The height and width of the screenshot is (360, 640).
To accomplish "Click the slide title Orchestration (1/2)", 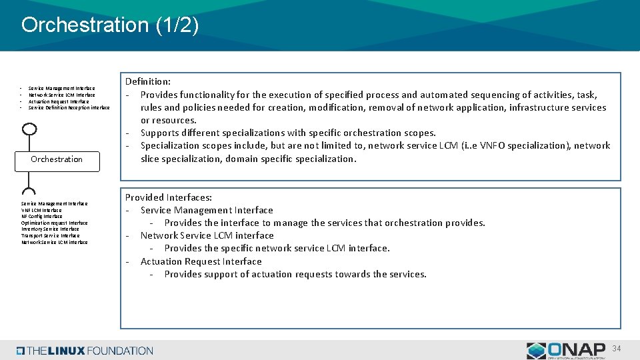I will (110, 25).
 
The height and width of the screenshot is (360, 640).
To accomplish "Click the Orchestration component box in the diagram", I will (57, 159).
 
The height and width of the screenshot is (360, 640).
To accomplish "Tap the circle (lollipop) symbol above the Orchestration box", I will (29, 129).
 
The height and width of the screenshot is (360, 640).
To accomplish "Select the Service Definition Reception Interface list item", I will (69, 107).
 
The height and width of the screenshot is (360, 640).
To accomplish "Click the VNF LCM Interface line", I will (41, 210).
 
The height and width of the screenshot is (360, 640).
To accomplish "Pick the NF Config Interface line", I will (41, 217).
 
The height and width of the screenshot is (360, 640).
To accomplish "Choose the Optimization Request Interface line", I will (54, 223).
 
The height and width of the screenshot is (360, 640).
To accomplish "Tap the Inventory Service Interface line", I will (50, 229).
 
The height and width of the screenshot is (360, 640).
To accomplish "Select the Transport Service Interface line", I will (50, 236).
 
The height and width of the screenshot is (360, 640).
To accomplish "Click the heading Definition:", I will (148, 81).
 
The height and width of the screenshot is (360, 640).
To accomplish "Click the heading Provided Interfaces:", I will (169, 197).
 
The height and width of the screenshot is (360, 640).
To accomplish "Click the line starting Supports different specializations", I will (288, 133).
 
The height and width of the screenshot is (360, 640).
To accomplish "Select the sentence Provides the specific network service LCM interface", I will (277, 248).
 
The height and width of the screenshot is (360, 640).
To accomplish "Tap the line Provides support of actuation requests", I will (295, 274).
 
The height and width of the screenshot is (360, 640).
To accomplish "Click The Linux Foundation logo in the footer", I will (85, 351).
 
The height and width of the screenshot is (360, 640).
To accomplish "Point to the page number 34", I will (617, 349).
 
